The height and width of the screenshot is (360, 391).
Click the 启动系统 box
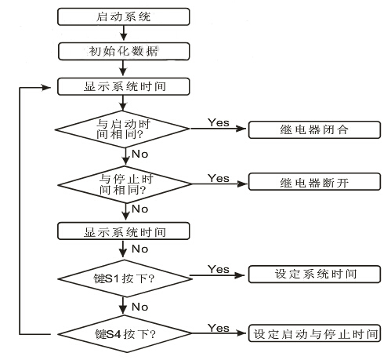click(123, 15)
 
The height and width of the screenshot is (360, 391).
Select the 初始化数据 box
click(123, 51)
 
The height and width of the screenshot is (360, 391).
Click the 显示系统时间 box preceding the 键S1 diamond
click(123, 231)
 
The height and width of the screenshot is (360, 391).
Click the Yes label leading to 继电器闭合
click(218, 123)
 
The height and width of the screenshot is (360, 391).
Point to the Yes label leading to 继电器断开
click(218, 178)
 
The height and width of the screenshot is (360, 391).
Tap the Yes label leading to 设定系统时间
click(218, 269)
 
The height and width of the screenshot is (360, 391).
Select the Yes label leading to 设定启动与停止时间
click(218, 326)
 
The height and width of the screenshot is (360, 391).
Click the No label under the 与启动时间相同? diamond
click(139, 155)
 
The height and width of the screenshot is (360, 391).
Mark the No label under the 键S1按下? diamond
click(139, 307)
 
